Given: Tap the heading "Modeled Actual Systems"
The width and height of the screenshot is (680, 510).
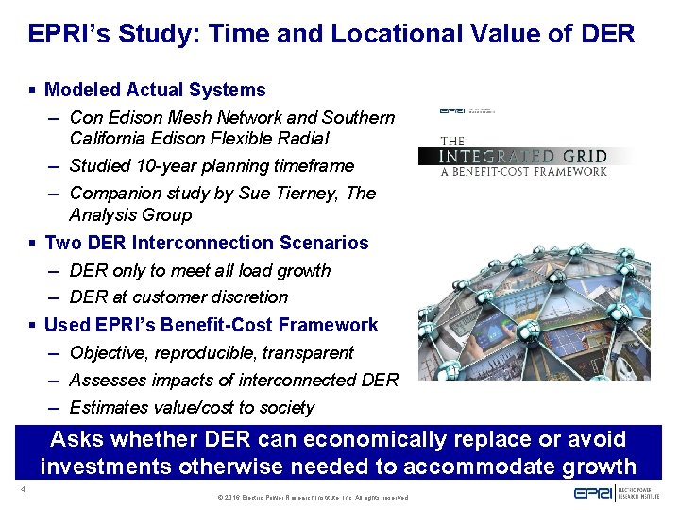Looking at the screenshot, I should tap(155, 91).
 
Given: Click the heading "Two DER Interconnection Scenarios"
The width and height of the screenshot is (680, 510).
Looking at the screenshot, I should tap(206, 243).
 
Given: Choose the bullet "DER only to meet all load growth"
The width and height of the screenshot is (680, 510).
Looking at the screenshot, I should tap(200, 270).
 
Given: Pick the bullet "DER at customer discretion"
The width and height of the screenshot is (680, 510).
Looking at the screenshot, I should tap(178, 297).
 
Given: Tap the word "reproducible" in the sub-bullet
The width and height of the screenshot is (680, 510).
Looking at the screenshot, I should tap(205, 352).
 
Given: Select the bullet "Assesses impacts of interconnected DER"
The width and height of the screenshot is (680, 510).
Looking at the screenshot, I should tap(233, 380).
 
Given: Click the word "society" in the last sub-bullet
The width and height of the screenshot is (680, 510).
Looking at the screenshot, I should tap(281, 407).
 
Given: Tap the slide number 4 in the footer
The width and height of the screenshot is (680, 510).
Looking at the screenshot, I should tap(20, 489).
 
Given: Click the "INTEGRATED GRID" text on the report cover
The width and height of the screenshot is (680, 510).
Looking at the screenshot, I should tap(525, 156).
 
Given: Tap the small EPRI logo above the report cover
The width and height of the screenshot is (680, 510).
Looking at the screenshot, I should tap(452, 110).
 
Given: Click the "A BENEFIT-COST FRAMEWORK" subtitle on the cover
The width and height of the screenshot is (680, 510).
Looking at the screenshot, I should tap(523, 172).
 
